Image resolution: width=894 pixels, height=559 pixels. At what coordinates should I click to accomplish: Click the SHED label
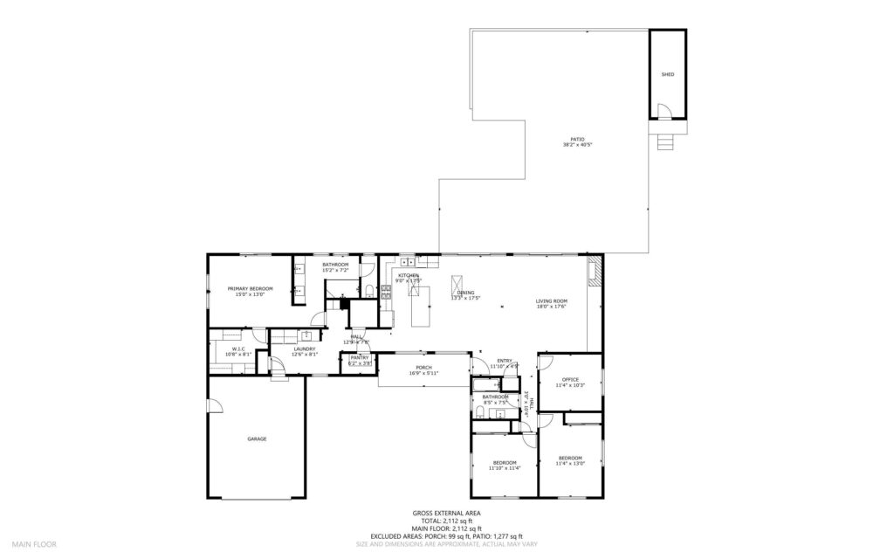pyautogui.click(x=668, y=74)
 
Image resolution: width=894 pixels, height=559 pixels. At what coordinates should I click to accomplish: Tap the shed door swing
pyautogui.click(x=664, y=111)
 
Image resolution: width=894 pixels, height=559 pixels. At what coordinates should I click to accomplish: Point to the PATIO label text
pyautogui.click(x=578, y=140)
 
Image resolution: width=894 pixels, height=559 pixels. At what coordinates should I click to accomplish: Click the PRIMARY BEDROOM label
pyautogui.click(x=250, y=288)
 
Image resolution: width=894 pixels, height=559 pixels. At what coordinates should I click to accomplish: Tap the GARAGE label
pyautogui.click(x=257, y=438)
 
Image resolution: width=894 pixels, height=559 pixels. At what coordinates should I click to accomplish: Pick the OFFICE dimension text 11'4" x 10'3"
pyautogui.click(x=570, y=385)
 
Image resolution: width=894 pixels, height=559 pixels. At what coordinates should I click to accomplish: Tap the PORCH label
pyautogui.click(x=423, y=367)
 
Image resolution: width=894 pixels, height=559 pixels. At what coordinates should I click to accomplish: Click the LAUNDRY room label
pyautogui.click(x=304, y=349)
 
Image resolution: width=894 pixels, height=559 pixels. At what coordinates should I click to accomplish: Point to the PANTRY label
pyautogui.click(x=361, y=357)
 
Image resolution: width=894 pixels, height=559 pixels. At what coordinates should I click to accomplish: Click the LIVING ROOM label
pyautogui.click(x=551, y=301)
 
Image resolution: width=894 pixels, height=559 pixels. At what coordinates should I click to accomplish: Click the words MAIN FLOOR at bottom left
pyautogui.click(x=33, y=543)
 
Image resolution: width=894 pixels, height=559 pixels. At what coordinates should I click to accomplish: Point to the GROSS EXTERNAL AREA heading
pyautogui.click(x=446, y=514)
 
